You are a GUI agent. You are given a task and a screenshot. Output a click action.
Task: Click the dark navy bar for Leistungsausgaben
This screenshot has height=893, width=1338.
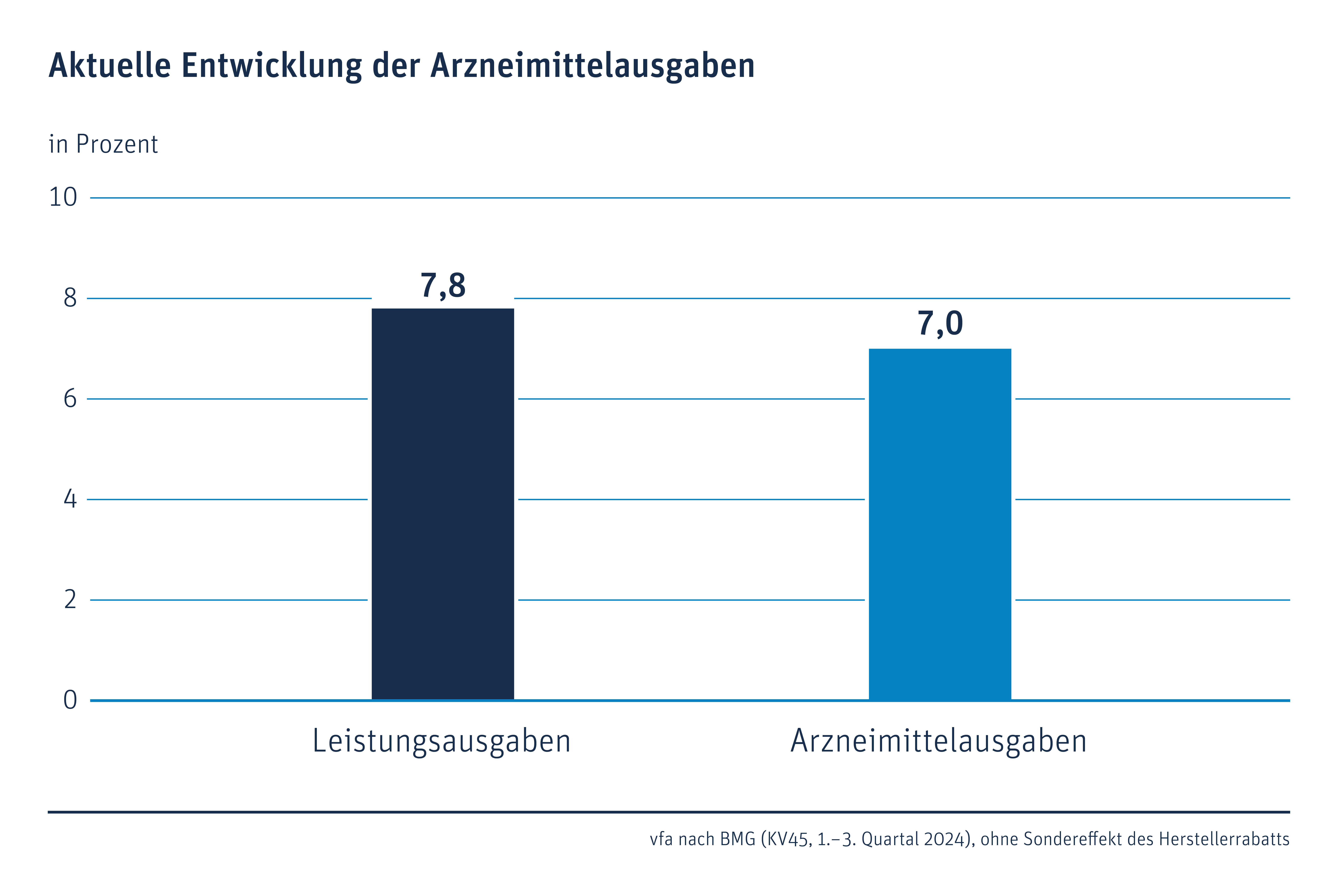[443, 504]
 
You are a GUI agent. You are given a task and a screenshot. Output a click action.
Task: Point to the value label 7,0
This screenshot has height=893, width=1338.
[940, 323]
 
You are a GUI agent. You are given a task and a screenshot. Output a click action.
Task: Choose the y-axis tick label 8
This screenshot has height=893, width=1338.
[70, 298]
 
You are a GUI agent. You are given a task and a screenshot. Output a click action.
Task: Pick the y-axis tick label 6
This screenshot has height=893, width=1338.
[70, 399]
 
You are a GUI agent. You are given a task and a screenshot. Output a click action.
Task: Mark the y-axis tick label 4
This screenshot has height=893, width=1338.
[70, 499]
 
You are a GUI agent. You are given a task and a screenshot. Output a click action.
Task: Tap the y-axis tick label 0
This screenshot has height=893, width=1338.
[70, 700]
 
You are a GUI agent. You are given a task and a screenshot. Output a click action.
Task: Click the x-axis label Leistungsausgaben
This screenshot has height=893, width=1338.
[442, 742]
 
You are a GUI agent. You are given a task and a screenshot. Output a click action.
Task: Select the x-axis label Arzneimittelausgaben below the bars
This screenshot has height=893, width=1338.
[939, 742]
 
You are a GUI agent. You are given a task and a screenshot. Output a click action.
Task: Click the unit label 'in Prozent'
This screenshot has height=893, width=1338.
[103, 144]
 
